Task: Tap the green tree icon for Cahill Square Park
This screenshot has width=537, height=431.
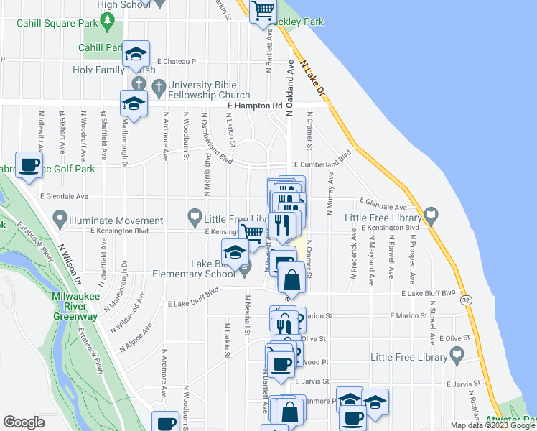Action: click(x=108, y=22)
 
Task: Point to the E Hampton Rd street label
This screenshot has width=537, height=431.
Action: click(x=255, y=106)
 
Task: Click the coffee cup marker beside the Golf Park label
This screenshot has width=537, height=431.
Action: click(x=29, y=166)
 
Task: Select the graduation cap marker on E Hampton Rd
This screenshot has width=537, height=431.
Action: click(x=134, y=104)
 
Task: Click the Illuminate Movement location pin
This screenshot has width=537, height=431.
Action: click(x=60, y=217)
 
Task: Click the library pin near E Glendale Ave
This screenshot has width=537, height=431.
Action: click(x=431, y=214)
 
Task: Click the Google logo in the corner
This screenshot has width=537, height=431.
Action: click(x=24, y=422)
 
